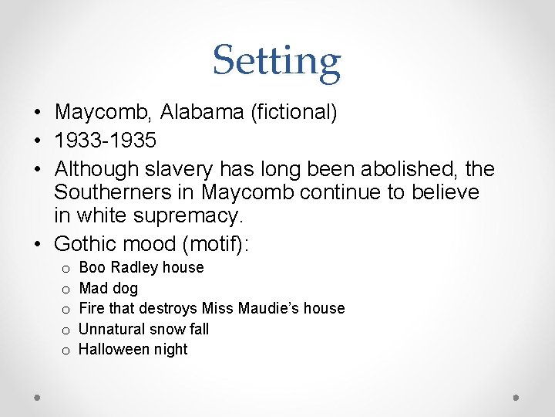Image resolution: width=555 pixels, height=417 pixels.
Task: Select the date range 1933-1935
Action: tap(106, 141)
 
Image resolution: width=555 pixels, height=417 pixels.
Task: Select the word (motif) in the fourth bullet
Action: tap(223, 244)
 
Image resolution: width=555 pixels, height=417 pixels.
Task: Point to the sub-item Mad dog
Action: tap(109, 288)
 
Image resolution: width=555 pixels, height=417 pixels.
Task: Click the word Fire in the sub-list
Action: tap(92, 308)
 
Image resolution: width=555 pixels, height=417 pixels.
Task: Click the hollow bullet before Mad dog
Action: tap(66, 289)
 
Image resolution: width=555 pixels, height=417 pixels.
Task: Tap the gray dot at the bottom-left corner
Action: tap(38, 397)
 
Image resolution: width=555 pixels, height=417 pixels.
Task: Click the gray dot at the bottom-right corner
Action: tap(516, 397)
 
